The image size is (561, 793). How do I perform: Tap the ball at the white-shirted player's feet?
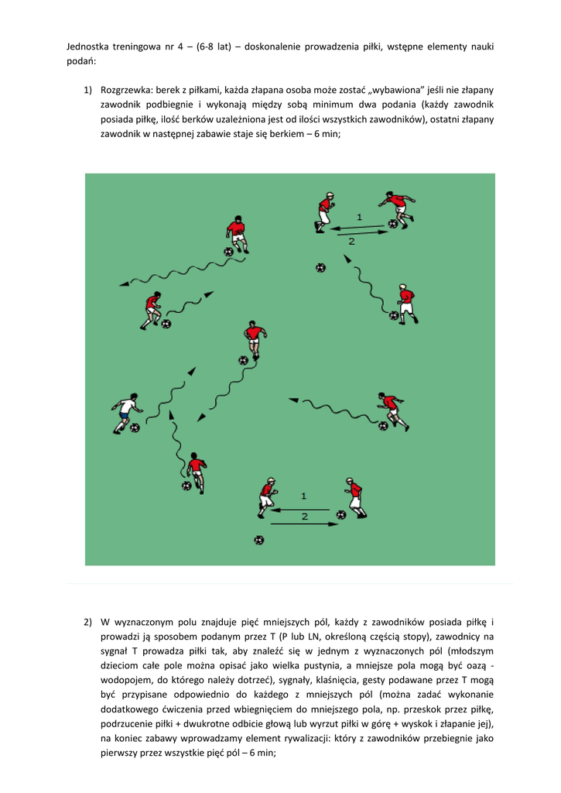point(135,427)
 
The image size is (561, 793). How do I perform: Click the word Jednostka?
point(88,46)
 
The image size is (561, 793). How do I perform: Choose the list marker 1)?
point(88,90)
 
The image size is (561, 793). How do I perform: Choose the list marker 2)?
point(88,622)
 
